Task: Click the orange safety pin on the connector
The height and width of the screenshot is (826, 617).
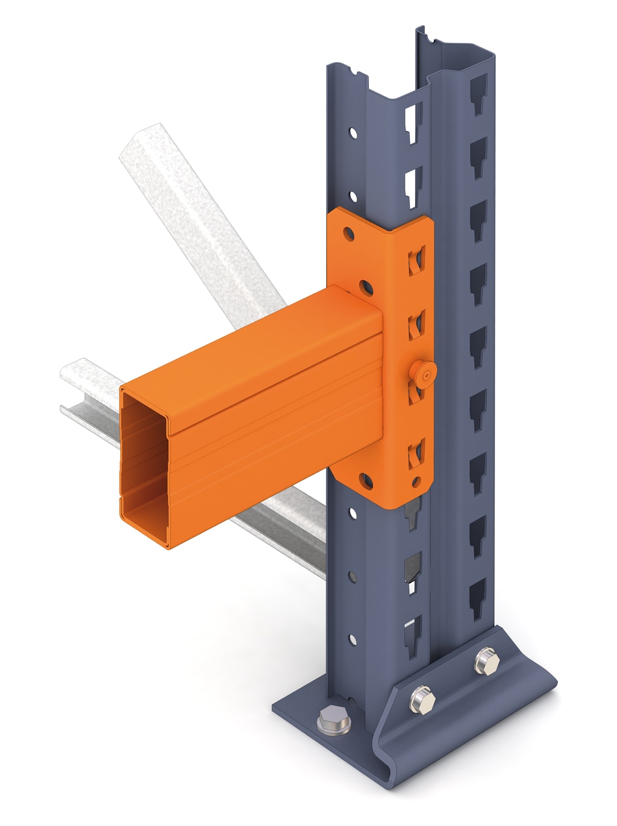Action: tap(425, 374)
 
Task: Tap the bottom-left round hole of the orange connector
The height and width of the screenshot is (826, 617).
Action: tap(366, 480)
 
